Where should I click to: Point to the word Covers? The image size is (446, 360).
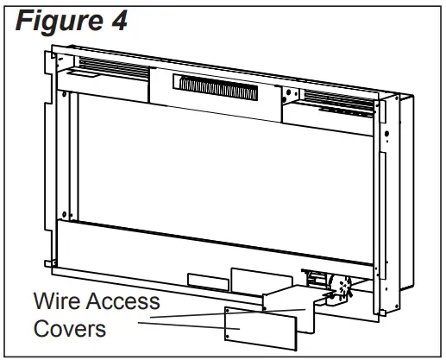click(x=71, y=329)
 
